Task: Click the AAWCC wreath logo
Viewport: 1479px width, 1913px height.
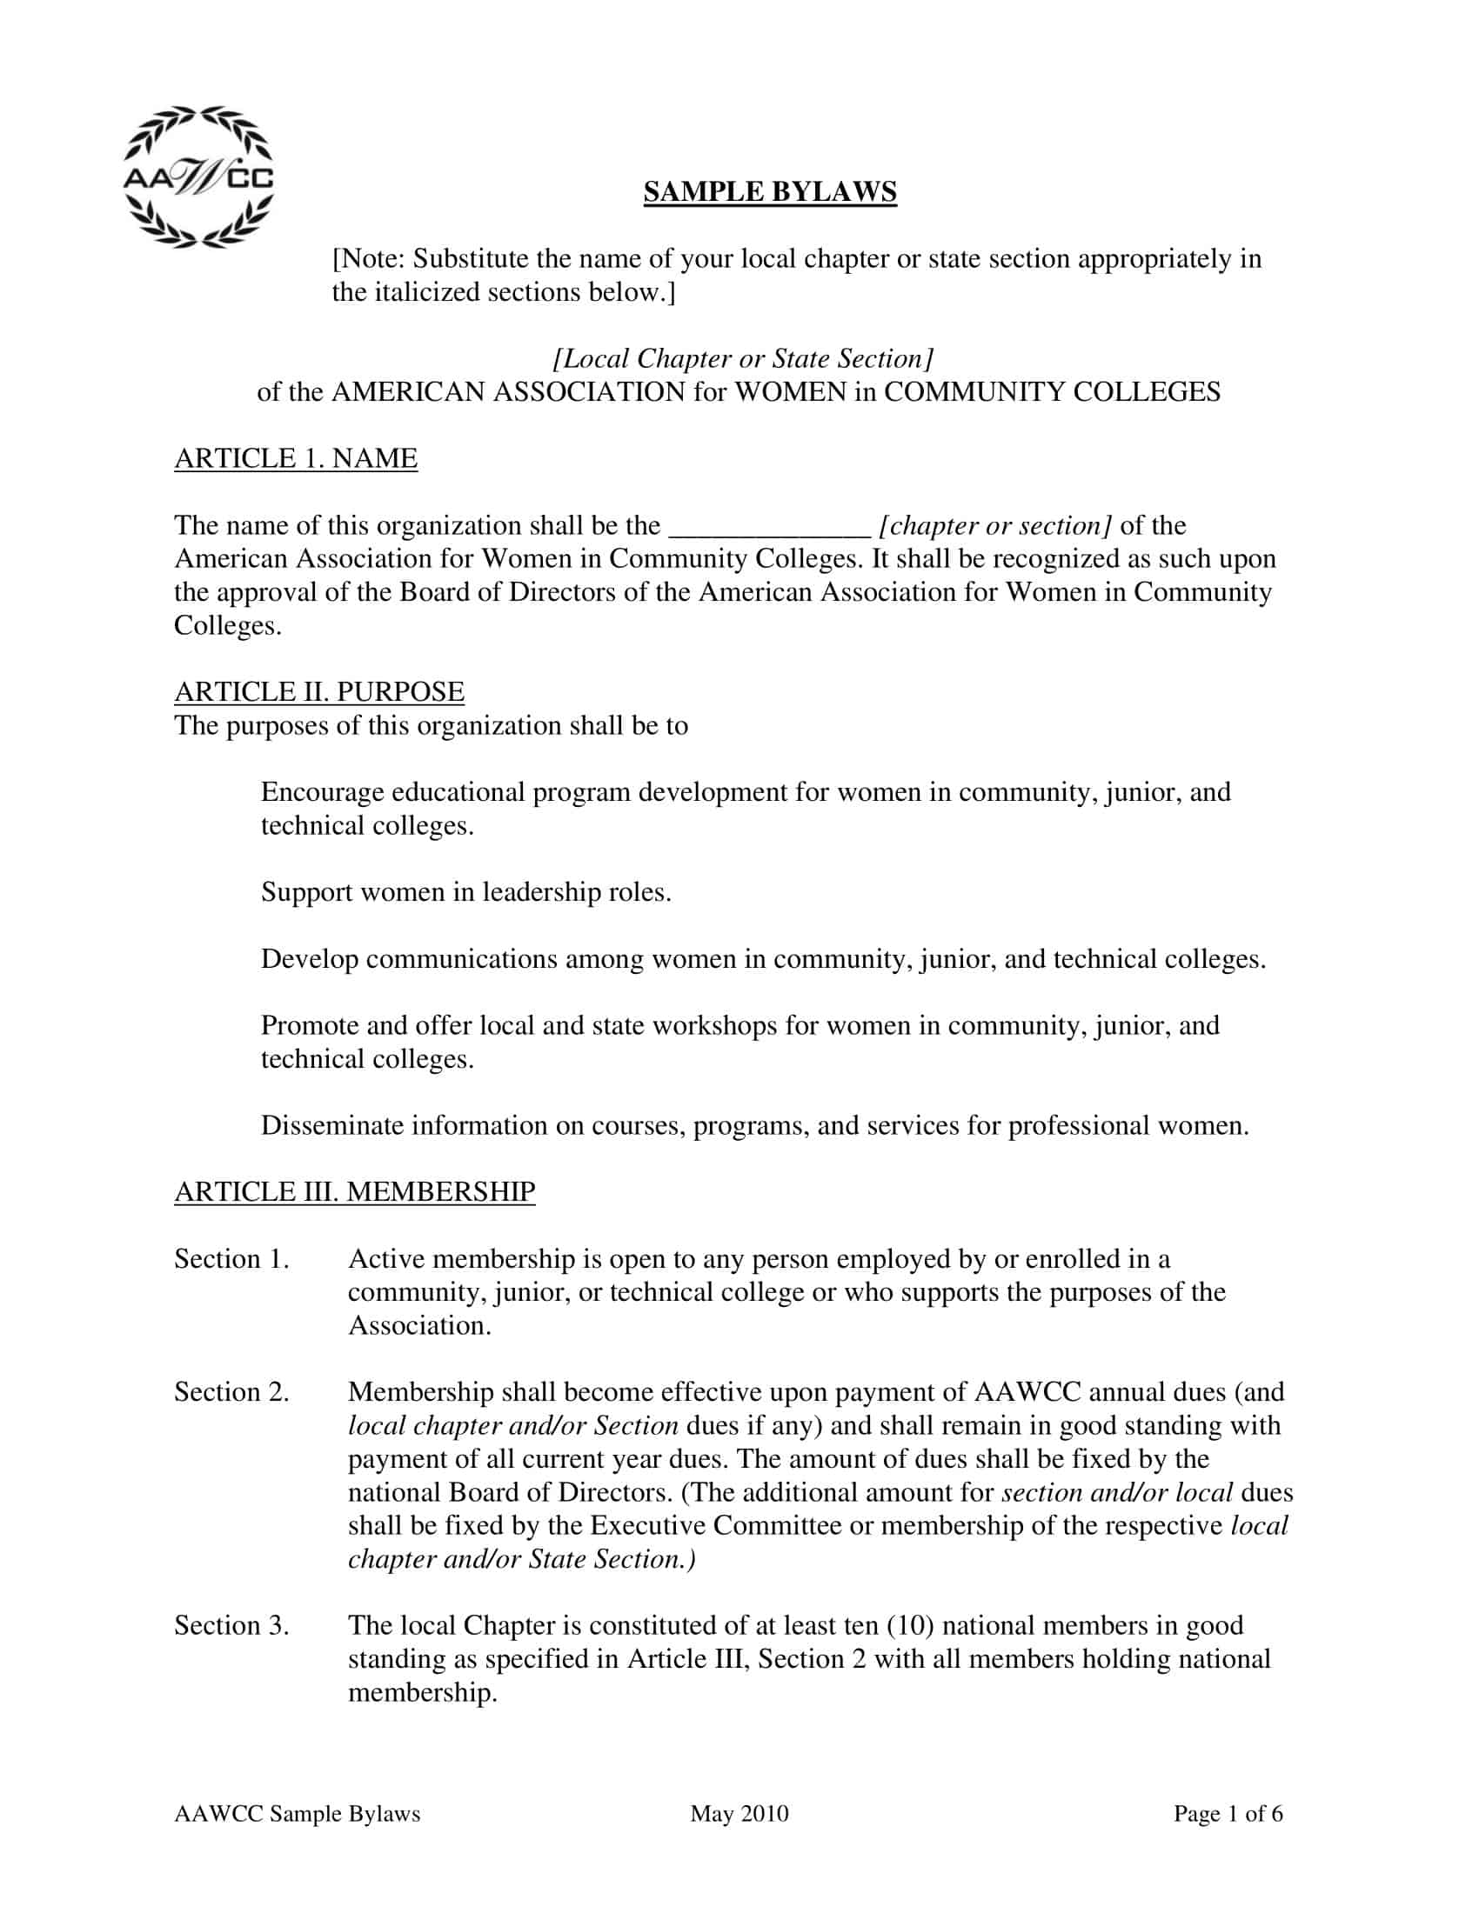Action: click(198, 177)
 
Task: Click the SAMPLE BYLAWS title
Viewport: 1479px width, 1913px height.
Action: click(769, 192)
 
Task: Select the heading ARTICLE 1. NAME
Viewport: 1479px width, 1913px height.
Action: click(295, 458)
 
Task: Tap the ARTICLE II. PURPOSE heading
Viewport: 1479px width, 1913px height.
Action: click(319, 692)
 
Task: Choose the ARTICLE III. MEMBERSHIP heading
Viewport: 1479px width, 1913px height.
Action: click(354, 1191)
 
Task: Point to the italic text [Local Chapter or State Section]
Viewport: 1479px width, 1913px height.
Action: click(743, 358)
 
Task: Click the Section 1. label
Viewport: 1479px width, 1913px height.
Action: click(231, 1259)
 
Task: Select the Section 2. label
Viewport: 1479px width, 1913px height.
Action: click(231, 1392)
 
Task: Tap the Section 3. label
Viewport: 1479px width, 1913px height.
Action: click(231, 1625)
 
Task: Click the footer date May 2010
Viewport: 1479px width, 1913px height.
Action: click(739, 1813)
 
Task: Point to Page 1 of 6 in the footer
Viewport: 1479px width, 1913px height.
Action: click(1228, 1813)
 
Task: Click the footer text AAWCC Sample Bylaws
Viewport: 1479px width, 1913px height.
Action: click(297, 1813)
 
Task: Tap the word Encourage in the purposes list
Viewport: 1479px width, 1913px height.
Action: click(322, 793)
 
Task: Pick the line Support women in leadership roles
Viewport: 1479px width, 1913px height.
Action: click(466, 892)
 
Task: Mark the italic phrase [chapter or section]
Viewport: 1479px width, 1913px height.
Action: click(995, 526)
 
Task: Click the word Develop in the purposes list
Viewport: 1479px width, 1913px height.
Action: click(310, 959)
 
